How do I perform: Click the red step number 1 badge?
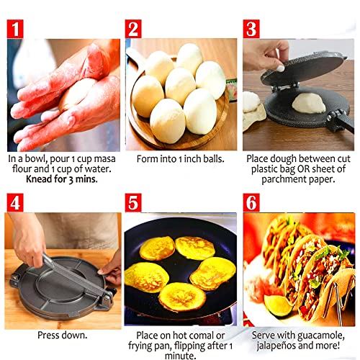18,28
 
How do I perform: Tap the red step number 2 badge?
135,28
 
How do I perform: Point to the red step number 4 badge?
18,203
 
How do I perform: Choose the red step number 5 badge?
135,203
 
